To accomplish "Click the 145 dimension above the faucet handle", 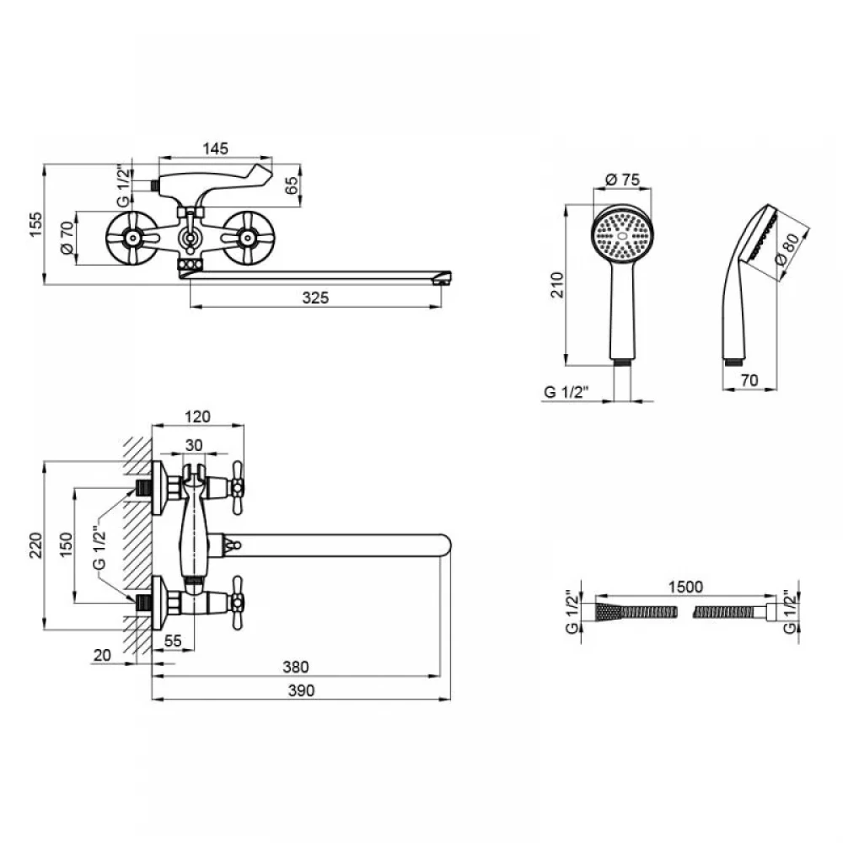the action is [216, 148].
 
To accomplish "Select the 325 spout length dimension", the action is [315, 298].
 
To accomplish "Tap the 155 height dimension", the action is [35, 225].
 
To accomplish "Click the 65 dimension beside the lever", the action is [291, 185].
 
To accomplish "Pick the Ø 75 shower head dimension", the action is [623, 179].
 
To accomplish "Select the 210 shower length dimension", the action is [557, 285].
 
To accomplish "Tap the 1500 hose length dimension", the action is [685, 587].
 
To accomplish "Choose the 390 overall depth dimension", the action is [301, 690].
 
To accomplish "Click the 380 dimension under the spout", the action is [296, 667].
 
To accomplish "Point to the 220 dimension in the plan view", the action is [35, 545].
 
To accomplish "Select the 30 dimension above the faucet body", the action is [194, 445].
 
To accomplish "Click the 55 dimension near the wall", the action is [173, 641].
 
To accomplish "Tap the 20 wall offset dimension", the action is [102, 655].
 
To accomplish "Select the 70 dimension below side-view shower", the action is [749, 380].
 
